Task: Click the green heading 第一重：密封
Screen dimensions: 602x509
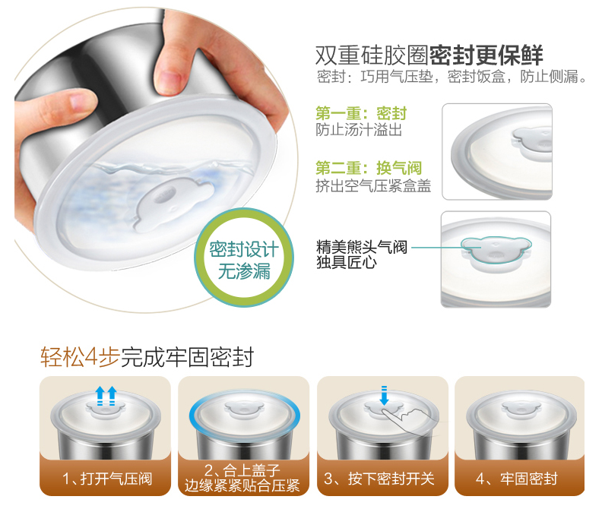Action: pyautogui.click(x=361, y=113)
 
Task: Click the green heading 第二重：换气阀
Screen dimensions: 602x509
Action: pyautogui.click(x=369, y=168)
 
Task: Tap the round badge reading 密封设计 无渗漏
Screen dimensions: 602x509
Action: pyautogui.click(x=244, y=258)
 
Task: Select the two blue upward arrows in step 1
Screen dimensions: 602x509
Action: pyautogui.click(x=106, y=395)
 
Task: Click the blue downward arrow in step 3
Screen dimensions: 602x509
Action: pyautogui.click(x=384, y=395)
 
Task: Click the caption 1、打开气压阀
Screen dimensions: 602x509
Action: pyautogui.click(x=107, y=479)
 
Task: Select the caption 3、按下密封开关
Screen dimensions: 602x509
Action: pyautogui.click(x=379, y=479)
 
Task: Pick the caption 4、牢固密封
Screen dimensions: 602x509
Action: pyautogui.click(x=516, y=479)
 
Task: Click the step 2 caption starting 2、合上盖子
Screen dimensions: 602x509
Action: pyautogui.click(x=242, y=478)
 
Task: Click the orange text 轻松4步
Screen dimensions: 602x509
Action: pyautogui.click(x=80, y=357)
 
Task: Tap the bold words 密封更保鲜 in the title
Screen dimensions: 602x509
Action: pyautogui.click(x=486, y=55)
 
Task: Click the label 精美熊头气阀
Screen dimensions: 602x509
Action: pyautogui.click(x=361, y=247)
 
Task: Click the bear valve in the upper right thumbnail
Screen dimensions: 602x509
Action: pyautogui.click(x=533, y=141)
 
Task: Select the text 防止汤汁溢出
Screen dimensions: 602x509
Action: pyautogui.click(x=359, y=130)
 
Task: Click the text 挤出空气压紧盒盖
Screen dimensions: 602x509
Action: pyautogui.click(x=373, y=186)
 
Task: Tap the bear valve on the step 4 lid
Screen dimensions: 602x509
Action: pyautogui.click(x=521, y=409)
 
